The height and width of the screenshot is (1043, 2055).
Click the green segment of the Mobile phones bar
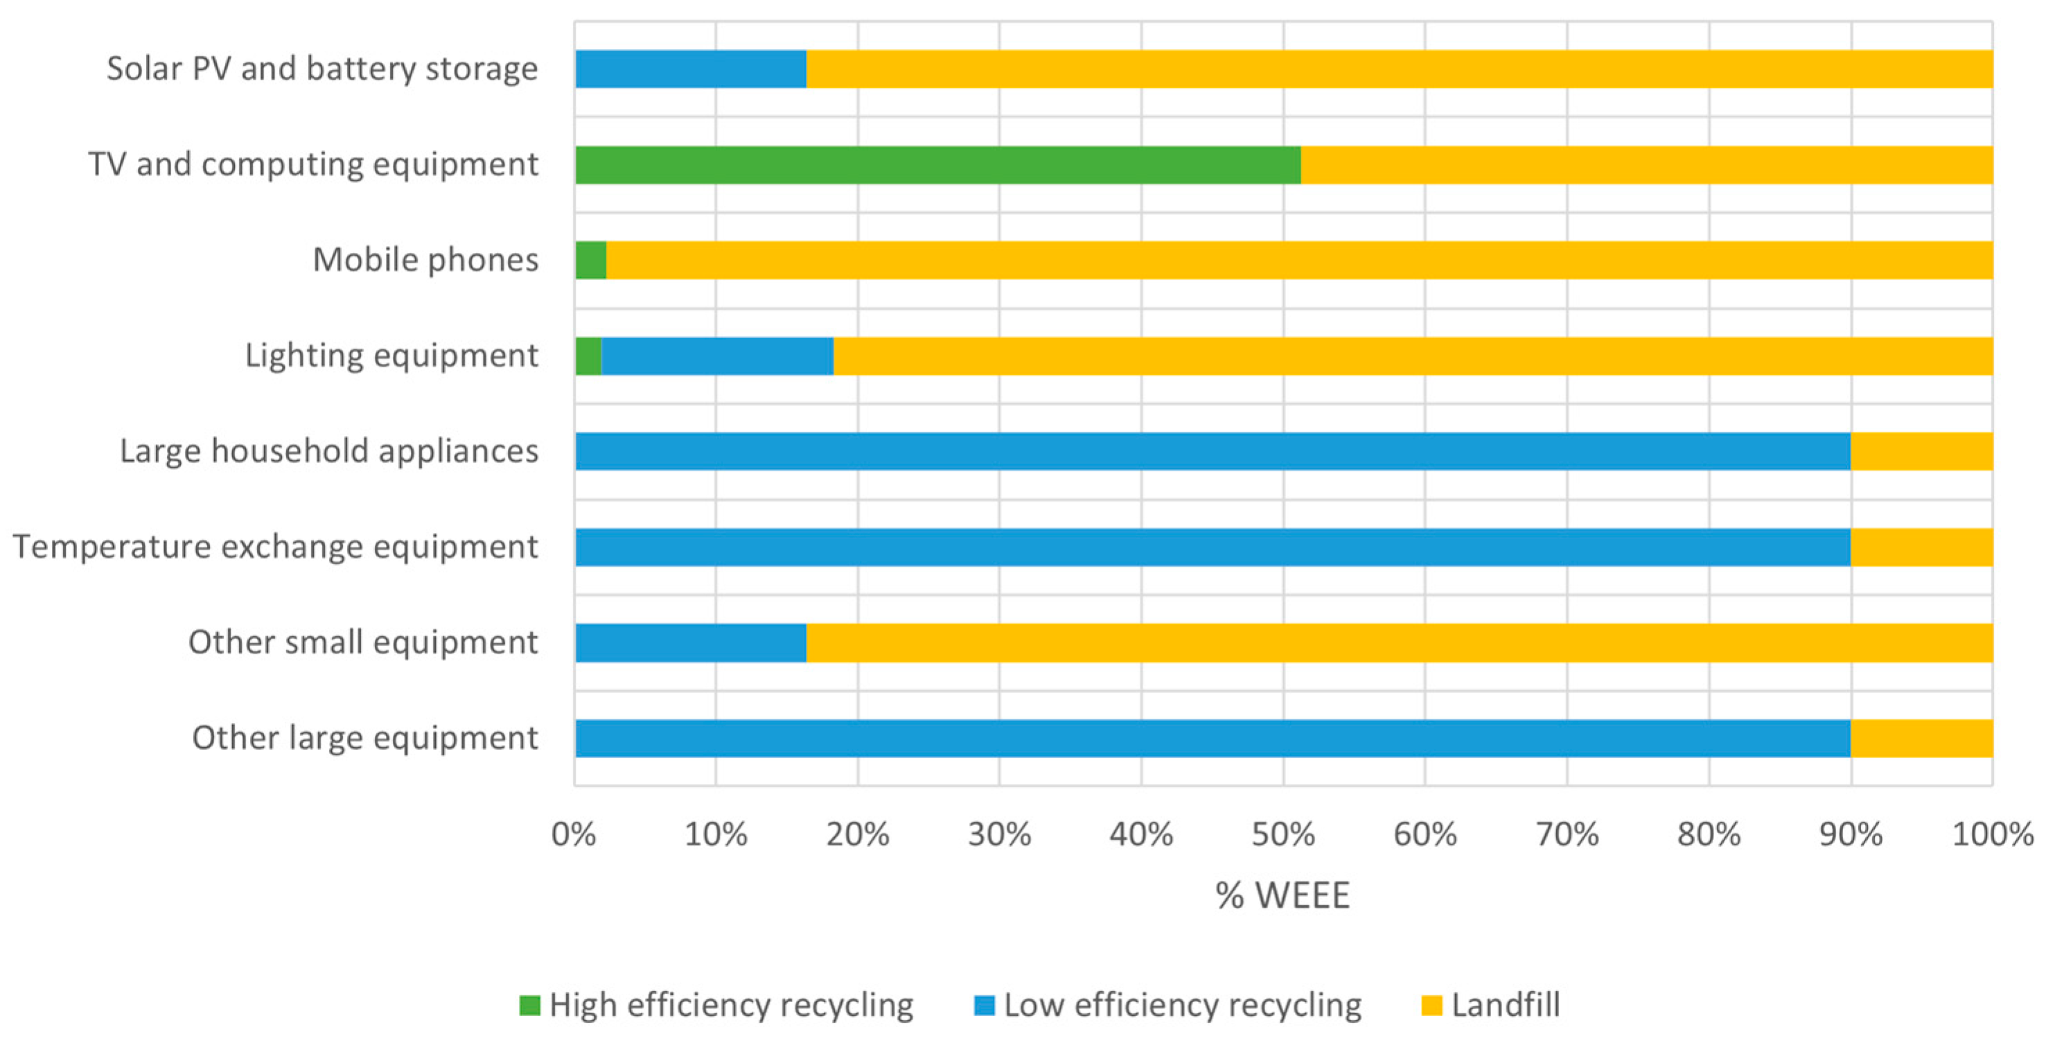590,260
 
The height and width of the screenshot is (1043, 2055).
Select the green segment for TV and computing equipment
937,164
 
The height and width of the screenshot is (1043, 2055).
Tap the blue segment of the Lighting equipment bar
717,356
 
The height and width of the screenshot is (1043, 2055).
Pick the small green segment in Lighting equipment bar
588,356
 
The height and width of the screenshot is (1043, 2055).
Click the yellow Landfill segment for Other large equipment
1921,738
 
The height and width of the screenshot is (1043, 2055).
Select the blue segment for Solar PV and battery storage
690,69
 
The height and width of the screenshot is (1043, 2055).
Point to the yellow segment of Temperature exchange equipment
1921,547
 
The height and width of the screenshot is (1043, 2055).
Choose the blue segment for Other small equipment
690,642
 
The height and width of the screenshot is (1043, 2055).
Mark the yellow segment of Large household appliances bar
1921,451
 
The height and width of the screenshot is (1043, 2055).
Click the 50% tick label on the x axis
1282,834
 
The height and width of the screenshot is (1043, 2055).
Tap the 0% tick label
574,834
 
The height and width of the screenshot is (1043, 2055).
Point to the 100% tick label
1992,834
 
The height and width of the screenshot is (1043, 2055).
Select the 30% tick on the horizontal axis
999,834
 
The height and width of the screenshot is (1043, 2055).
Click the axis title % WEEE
1282,895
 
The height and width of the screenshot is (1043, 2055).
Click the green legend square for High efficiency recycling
529,1006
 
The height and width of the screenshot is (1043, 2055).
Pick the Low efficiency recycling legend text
1182,1006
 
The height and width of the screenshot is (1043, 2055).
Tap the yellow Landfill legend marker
1432,1006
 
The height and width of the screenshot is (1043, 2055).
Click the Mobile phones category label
425,260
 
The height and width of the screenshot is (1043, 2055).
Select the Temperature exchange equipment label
275,547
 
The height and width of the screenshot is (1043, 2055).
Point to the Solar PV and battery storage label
322,69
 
